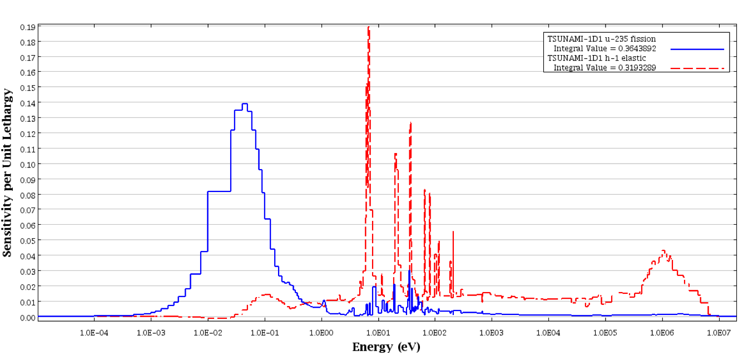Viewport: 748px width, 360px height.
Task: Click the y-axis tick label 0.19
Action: click(28, 27)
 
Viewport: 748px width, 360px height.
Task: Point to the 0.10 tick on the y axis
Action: click(28, 164)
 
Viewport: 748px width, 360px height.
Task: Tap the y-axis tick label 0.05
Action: click(28, 240)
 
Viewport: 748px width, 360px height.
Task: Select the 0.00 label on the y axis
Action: click(28, 317)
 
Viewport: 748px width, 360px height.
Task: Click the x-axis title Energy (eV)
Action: click(386, 347)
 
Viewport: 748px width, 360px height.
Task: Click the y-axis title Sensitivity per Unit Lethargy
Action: click(7, 172)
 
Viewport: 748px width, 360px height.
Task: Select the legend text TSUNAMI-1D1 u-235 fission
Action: click(602, 39)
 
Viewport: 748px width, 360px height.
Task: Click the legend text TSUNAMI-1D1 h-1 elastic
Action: click(597, 58)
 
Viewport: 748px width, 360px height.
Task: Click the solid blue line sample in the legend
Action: click(697, 50)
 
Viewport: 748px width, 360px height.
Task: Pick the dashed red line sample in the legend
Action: click(697, 68)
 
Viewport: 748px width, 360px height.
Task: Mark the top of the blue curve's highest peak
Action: click(244, 103)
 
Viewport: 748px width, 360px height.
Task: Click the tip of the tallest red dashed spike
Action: click(368, 27)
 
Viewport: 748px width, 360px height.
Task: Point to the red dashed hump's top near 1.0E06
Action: click(663, 251)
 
